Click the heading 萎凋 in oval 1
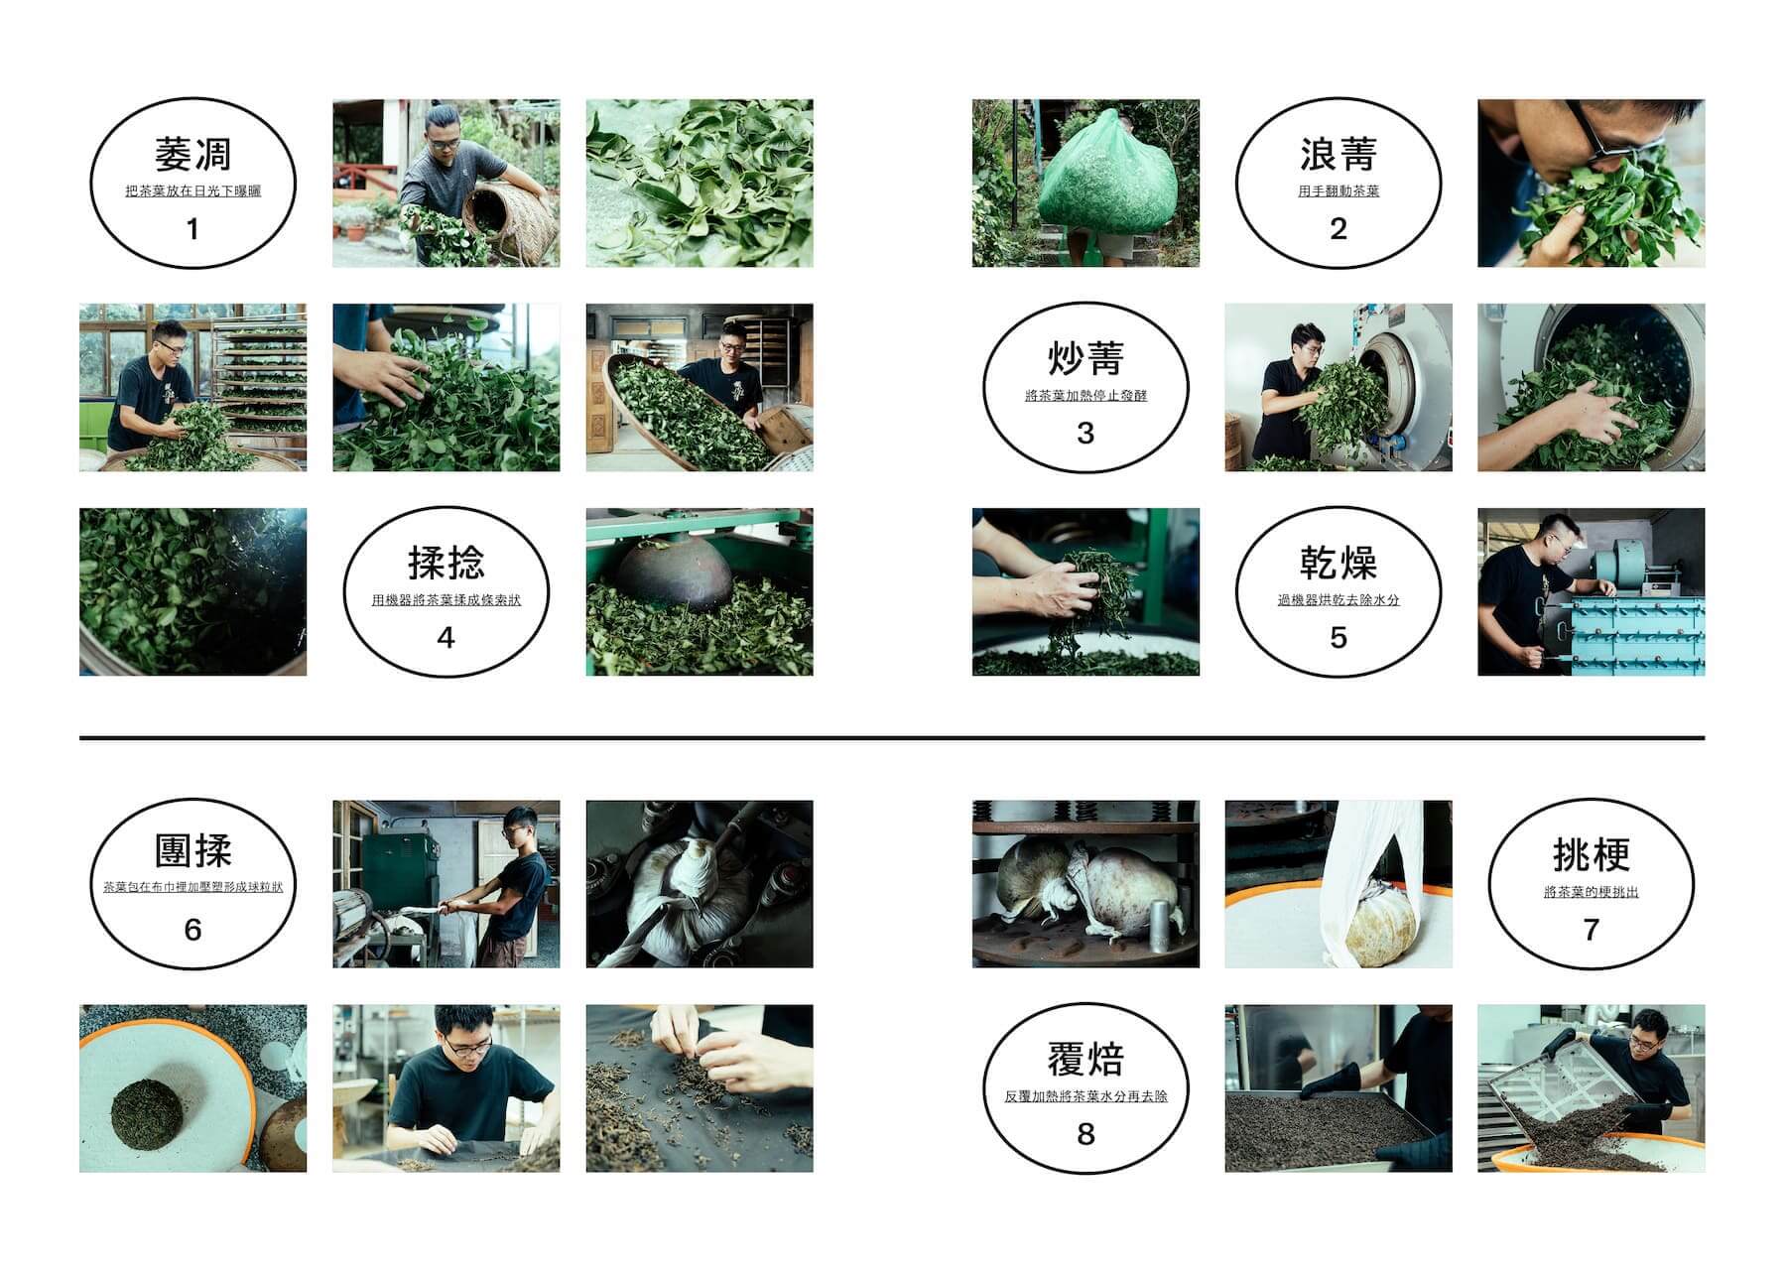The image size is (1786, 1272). pos(192,154)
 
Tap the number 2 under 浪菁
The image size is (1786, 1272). pos(1338,228)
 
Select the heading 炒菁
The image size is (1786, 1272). pos(1085,358)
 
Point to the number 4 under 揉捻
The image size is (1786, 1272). pos(446,637)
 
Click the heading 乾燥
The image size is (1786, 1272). pos(1338,563)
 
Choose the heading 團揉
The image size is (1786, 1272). pos(192,851)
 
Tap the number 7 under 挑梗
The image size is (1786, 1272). pos(1591,929)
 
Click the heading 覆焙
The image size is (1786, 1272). pos(1085,1059)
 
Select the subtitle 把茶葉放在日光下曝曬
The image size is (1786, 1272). pos(192,191)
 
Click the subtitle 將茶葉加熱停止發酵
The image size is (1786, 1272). pos(1085,395)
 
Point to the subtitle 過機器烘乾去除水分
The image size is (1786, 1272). pos(1338,599)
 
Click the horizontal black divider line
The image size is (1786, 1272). pos(892,738)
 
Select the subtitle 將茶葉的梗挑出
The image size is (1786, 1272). pos(1591,892)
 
